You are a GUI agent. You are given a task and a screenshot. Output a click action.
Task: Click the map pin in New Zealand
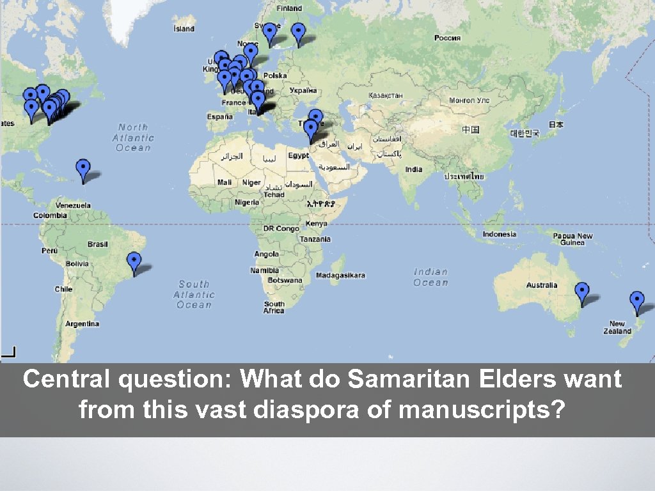point(636,300)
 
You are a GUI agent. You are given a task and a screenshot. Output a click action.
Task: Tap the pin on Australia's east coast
point(581,292)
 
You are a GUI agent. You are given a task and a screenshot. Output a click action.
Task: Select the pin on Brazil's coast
point(134,261)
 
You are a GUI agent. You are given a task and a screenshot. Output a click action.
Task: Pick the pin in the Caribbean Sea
point(83,169)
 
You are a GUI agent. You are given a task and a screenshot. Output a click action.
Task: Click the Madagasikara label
point(341,276)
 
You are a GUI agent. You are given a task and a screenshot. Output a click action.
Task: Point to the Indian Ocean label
point(430,277)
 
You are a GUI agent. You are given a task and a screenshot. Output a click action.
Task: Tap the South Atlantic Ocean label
point(194,294)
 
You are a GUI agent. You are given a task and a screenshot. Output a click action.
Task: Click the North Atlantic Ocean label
point(133,137)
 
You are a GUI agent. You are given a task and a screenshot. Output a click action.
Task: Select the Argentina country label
point(83,323)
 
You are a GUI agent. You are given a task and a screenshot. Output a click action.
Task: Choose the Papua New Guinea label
point(572,239)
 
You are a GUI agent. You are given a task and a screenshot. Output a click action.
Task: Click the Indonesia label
point(500,234)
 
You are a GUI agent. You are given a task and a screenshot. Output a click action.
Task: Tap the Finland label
point(289,8)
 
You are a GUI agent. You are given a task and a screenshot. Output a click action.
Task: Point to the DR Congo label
point(281,228)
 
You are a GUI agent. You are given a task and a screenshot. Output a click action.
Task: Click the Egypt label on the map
point(298,156)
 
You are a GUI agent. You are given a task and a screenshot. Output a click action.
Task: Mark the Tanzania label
point(314,239)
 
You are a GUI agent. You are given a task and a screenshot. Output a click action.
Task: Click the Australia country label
point(542,285)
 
